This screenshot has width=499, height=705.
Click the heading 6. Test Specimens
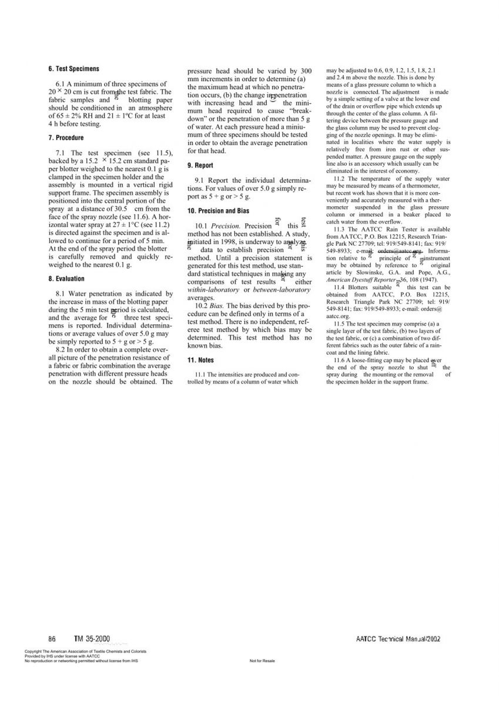coord(73,69)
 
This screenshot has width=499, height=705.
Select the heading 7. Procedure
coord(66,138)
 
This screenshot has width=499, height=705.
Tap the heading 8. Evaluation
coord(66,279)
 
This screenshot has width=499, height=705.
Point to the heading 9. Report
coord(200,166)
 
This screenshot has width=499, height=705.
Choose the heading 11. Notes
coord(200,360)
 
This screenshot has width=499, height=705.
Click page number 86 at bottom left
coord(52,639)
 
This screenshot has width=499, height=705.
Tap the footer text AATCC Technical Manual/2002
coord(398,639)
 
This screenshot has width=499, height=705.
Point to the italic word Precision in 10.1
coord(225,226)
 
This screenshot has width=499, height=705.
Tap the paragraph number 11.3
coord(339,229)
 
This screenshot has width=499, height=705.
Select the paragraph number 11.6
coord(339,360)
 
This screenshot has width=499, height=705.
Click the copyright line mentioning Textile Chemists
coord(85,652)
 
